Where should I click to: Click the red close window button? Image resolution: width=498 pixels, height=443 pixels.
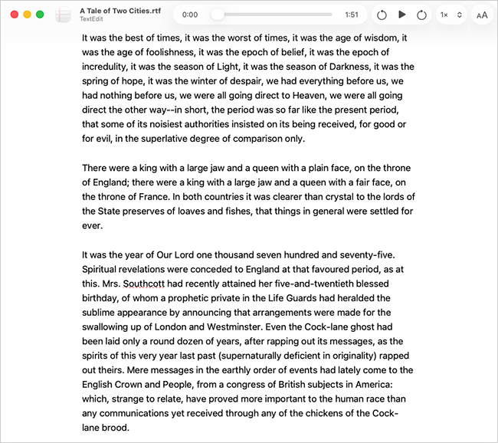(15, 15)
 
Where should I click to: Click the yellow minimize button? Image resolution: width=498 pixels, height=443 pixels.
(28, 15)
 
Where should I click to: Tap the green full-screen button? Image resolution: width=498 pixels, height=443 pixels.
(41, 15)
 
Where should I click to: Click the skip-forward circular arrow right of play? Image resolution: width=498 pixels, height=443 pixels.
(421, 15)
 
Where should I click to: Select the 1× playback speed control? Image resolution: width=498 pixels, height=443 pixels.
(450, 15)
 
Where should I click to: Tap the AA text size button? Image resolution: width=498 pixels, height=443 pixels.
(481, 15)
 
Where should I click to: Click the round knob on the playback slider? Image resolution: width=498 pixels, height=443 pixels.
(218, 15)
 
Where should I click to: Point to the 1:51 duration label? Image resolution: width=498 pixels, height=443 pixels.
(352, 15)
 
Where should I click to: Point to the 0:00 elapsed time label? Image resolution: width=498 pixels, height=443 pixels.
(190, 15)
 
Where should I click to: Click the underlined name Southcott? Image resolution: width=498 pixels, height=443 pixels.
(149, 283)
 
